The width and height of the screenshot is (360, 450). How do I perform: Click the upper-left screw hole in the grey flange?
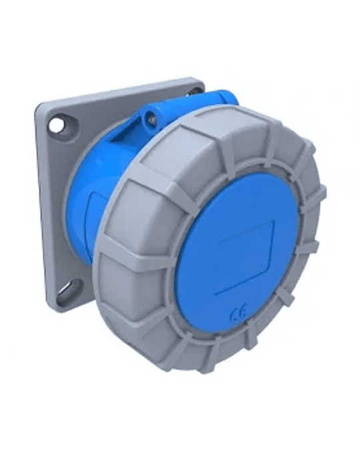pos(57,123)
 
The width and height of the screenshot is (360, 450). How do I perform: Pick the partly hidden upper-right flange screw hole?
pos(194,90)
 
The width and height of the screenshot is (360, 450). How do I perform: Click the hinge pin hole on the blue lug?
pos(152,119)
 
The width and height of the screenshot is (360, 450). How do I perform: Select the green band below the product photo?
pos(180,413)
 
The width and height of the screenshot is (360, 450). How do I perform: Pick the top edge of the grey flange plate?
pos(120,87)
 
